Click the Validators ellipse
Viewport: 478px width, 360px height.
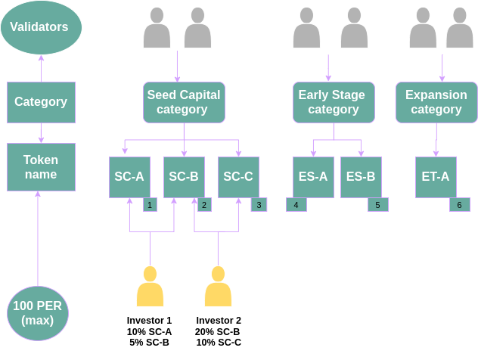(41, 27)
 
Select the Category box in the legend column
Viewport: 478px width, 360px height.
(41, 102)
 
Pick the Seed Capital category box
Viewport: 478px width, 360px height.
(184, 102)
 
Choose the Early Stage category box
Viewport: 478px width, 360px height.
(332, 102)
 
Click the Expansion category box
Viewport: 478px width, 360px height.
(436, 102)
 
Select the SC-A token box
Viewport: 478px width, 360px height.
(129, 177)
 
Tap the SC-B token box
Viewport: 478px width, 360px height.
(184, 177)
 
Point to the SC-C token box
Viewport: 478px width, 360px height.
(238, 177)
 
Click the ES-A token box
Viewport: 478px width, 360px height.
(313, 177)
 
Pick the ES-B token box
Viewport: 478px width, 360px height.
(361, 177)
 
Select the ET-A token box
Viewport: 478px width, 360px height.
(436, 177)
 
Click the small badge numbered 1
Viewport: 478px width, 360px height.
(150, 204)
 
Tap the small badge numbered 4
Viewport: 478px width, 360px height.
(296, 204)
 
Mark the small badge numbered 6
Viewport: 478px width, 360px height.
(459, 204)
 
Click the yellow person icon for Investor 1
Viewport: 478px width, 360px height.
(150, 287)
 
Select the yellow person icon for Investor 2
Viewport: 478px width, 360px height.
(218, 287)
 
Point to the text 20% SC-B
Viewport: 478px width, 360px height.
(218, 331)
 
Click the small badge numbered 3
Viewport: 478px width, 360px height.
(259, 204)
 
